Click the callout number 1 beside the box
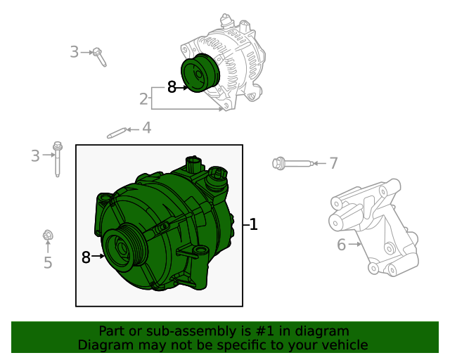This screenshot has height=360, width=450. [253, 225]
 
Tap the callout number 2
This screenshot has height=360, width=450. [143, 99]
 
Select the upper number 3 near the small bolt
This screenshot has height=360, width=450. [75, 51]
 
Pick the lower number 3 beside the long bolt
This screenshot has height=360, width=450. [35, 155]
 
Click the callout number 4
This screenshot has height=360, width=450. [146, 128]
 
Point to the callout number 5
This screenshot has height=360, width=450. [48, 263]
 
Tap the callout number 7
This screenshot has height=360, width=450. [333, 164]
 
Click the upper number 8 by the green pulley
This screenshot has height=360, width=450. [172, 88]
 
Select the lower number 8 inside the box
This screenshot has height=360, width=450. [86, 257]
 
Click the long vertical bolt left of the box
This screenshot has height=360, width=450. [57, 161]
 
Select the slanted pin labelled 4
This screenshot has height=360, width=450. [116, 132]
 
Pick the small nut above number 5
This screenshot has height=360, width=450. [48, 236]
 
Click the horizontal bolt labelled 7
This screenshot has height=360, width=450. [290, 164]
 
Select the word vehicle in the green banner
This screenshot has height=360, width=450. [343, 345]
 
